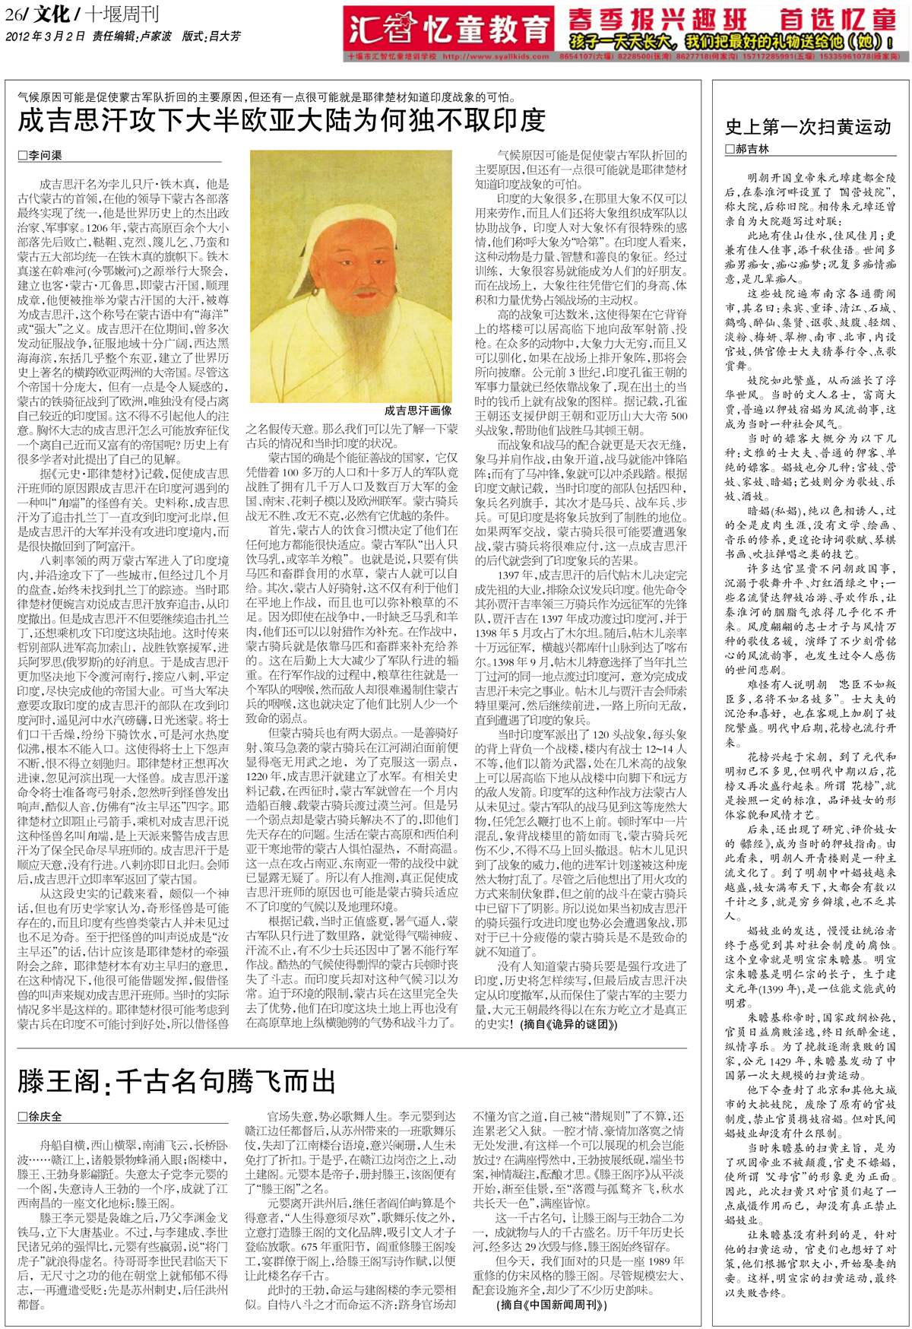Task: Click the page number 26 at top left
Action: click(13, 14)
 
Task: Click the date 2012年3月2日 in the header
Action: click(46, 36)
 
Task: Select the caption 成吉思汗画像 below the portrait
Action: click(418, 410)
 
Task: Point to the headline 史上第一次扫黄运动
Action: click(808, 127)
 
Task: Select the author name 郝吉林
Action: click(752, 149)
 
